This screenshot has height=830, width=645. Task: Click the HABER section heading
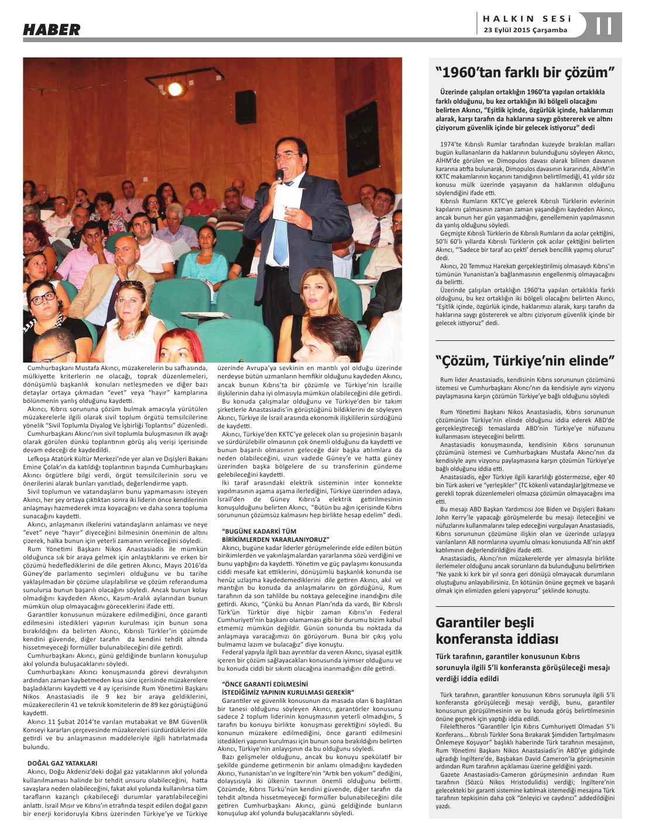pos(52,29)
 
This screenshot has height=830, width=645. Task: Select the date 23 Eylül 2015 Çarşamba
pos(525,30)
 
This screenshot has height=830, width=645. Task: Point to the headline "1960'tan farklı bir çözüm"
pos(525,73)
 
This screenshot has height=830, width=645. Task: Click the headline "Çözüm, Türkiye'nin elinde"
pos(525,360)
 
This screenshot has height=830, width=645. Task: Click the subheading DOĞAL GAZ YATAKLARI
pos(62,763)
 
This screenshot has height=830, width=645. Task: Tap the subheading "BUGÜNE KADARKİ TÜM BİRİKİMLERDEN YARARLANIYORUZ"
pos(275,535)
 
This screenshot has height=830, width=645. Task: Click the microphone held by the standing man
pos(280,175)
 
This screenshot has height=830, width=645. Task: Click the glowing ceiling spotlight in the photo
pos(174,89)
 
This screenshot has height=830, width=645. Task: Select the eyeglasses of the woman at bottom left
pos(42,298)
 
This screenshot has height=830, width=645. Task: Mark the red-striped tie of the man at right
pos(375,231)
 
